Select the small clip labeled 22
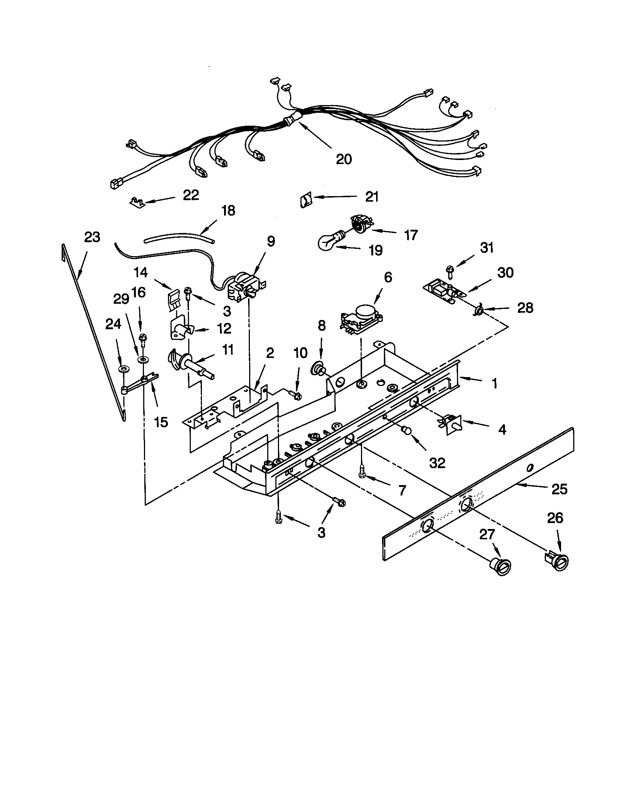[x=137, y=202]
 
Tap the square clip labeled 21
[x=305, y=201]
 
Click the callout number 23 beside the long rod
[x=92, y=237]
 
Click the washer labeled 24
[x=123, y=369]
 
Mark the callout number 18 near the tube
[x=228, y=210]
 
